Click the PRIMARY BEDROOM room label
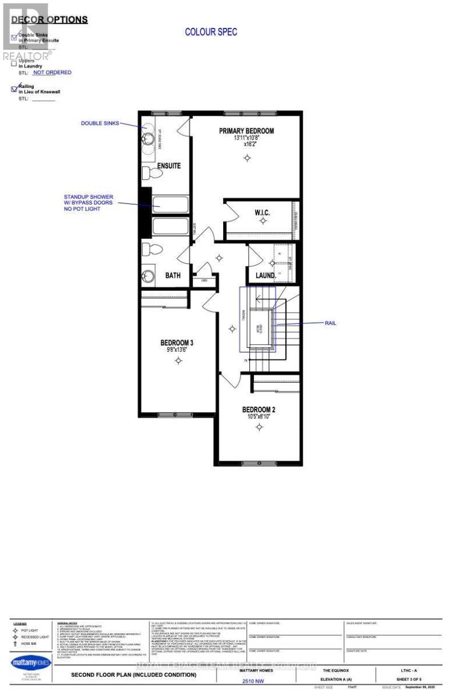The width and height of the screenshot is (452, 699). (246, 131)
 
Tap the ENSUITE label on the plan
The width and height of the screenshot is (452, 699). (168, 166)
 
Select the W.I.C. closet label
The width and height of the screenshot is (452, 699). (262, 213)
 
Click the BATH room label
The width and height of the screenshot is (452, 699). (172, 275)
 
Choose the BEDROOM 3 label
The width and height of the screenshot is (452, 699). (177, 343)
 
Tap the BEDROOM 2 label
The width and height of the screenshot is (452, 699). (259, 409)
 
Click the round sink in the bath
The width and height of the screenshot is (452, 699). (149, 276)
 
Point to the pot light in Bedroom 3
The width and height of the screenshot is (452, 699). (178, 361)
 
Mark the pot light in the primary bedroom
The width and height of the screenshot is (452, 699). (248, 158)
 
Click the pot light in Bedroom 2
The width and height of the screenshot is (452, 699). (259, 428)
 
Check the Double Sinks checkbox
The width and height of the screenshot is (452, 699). (15, 34)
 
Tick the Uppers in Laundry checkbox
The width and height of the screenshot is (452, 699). (15, 63)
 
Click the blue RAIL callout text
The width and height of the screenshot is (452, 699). (331, 323)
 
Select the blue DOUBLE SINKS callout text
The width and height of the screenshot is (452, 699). (100, 123)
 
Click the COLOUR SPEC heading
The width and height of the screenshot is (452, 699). (211, 32)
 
